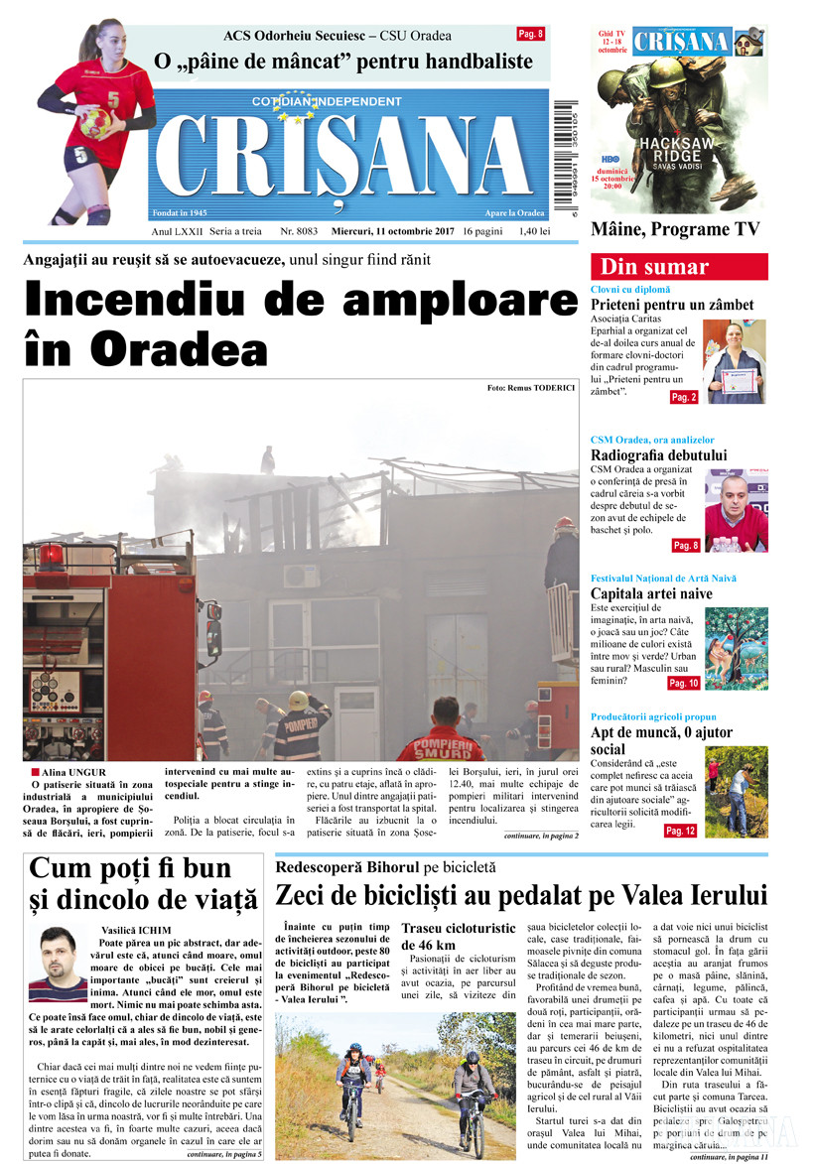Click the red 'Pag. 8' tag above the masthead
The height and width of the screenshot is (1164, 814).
click(531, 35)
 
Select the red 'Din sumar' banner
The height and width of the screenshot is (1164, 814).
click(679, 267)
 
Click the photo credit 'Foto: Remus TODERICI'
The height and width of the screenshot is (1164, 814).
click(531, 387)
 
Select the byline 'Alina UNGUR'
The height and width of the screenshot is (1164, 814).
click(73, 772)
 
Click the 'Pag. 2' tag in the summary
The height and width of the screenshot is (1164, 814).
click(684, 397)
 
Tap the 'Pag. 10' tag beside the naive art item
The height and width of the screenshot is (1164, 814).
click(683, 684)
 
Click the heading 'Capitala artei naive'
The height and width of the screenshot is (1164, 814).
click(651, 593)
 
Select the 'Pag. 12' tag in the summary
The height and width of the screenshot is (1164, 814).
click(681, 831)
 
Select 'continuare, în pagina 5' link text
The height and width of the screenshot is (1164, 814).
click(224, 1155)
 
